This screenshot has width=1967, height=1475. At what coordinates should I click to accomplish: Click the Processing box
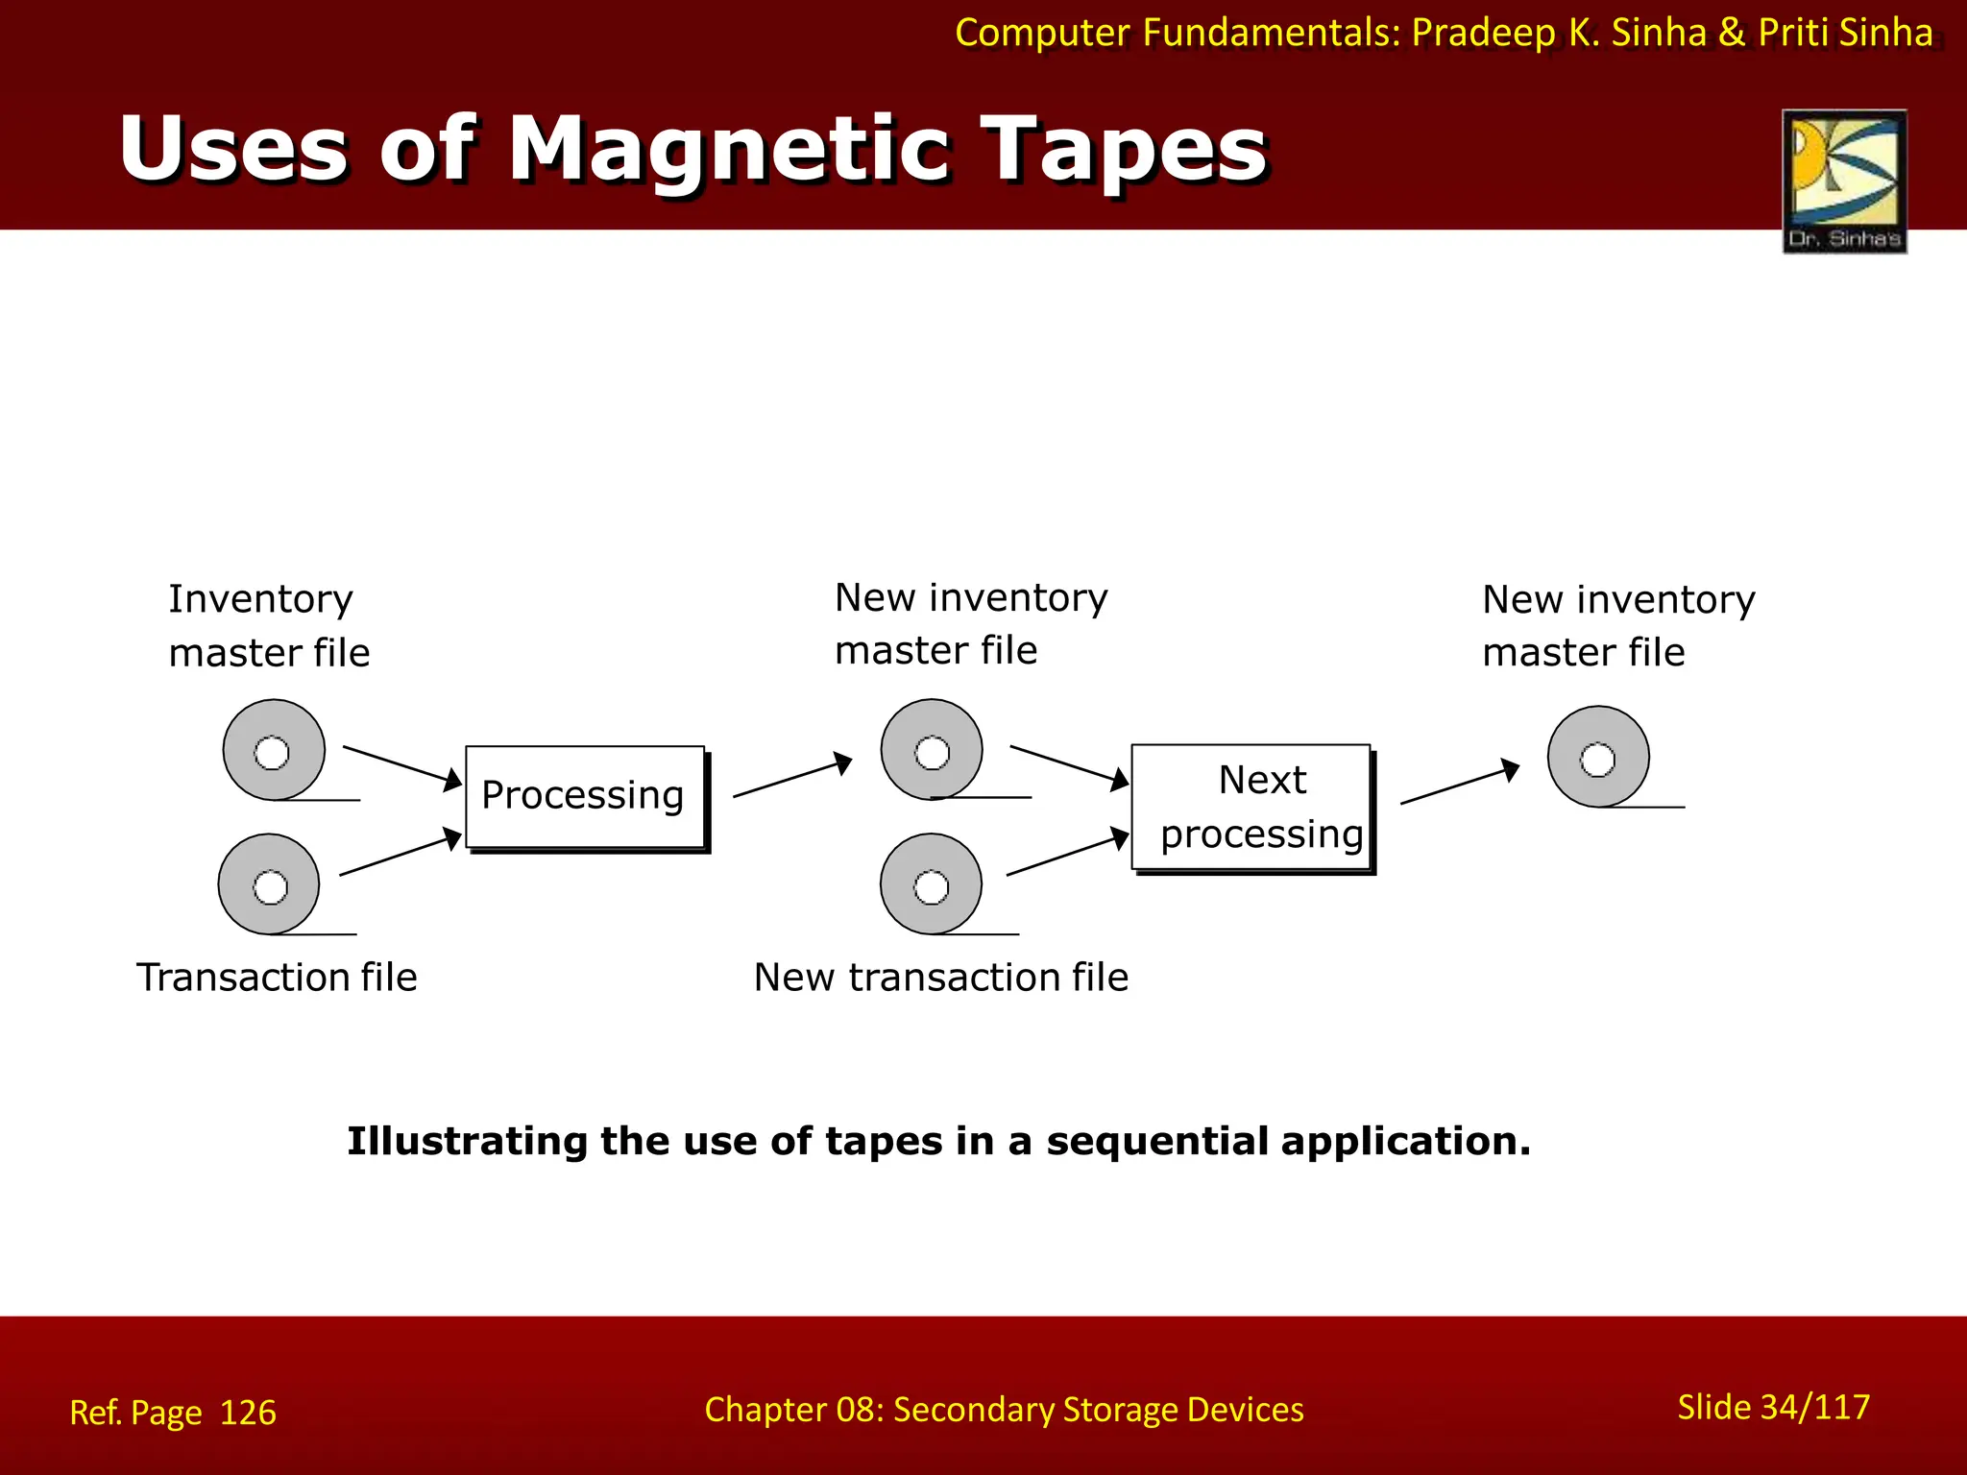(584, 797)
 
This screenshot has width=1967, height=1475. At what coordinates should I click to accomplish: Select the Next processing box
(1251, 808)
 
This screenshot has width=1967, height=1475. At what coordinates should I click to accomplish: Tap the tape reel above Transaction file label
(269, 884)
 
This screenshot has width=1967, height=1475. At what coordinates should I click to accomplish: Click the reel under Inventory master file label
(274, 750)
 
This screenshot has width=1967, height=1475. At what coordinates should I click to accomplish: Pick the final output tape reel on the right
(1598, 757)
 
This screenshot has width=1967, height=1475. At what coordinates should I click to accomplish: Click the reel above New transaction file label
(931, 884)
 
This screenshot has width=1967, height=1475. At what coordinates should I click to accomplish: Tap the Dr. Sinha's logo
(1844, 181)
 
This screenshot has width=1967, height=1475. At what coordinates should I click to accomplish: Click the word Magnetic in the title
(729, 150)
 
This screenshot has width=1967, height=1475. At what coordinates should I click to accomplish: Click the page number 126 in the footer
(248, 1413)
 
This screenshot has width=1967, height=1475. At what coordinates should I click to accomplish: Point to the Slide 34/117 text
(1773, 1407)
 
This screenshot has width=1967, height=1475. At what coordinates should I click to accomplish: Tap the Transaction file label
(277, 977)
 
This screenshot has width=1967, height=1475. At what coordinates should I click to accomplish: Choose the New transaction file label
(940, 977)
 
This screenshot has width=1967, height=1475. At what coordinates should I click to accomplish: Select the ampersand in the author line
(1731, 33)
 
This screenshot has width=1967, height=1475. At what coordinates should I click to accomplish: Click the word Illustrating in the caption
(467, 1141)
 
